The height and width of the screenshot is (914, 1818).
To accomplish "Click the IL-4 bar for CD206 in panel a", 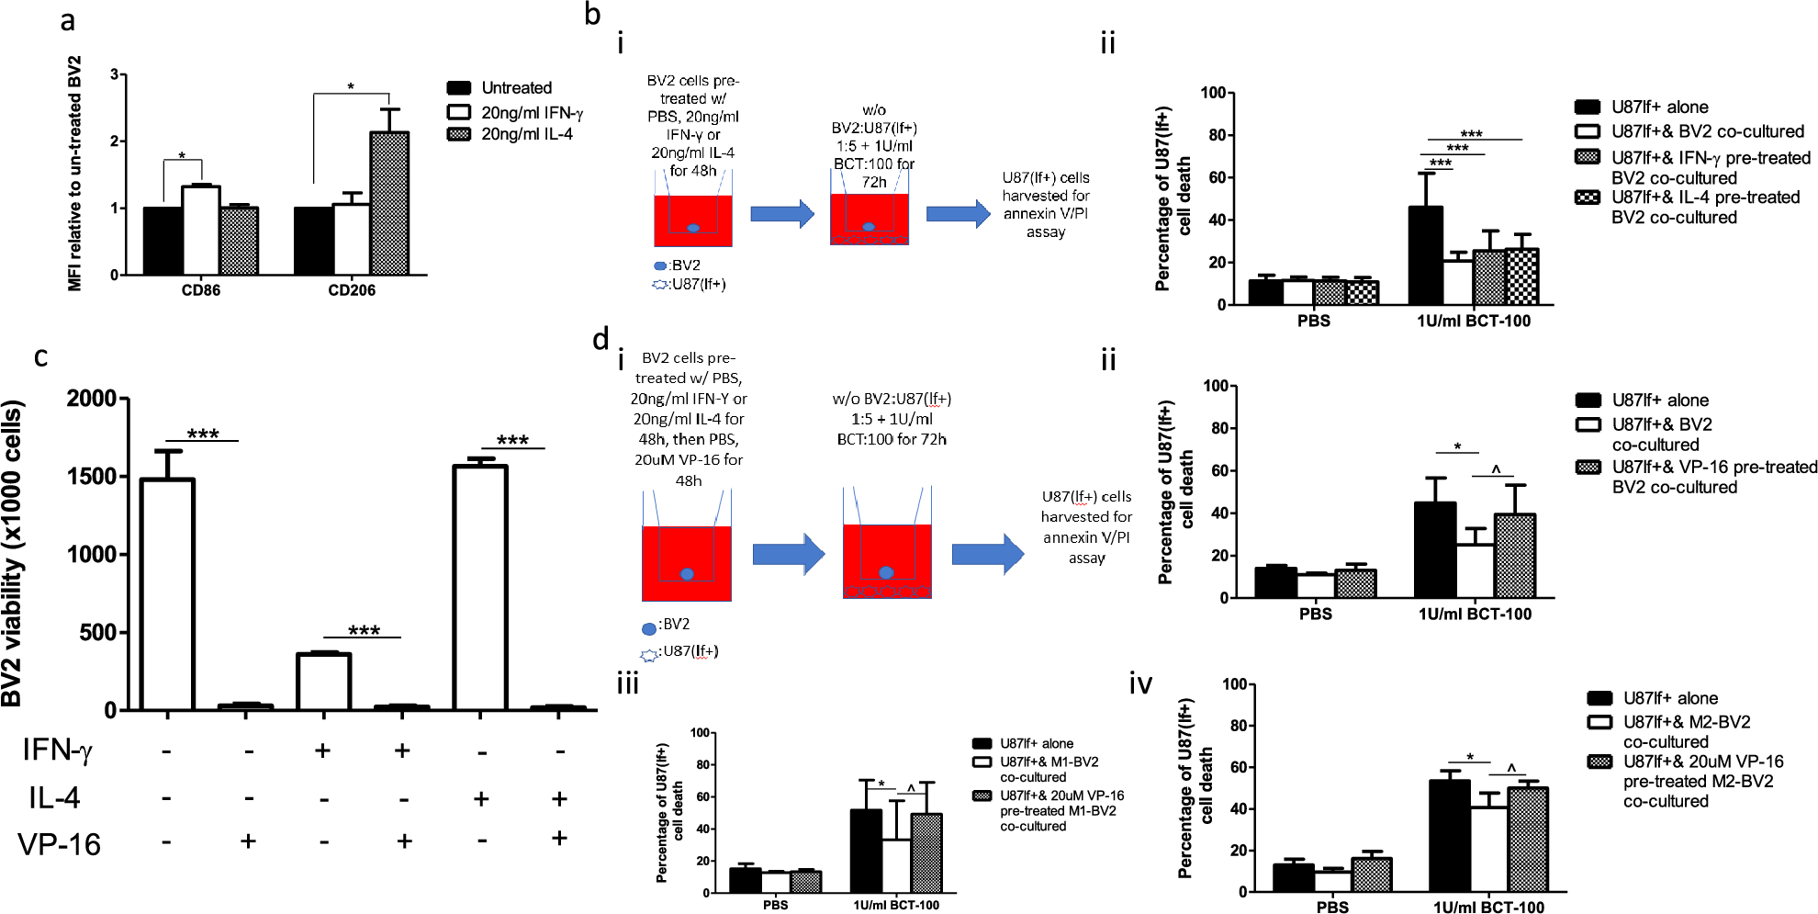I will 389,203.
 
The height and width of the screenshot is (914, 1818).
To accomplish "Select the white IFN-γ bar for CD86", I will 200,230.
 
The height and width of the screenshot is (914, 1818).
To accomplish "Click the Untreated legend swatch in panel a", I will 459,88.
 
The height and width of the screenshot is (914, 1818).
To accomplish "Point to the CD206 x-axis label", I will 352,290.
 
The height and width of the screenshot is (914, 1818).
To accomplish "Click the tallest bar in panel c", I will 480,588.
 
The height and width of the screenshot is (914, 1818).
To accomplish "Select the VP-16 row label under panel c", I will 59,843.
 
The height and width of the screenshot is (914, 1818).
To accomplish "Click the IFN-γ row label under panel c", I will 57,750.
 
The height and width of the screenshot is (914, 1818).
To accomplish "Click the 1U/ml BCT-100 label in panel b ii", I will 1473,321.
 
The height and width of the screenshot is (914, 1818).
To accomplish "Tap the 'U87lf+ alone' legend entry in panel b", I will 1660,107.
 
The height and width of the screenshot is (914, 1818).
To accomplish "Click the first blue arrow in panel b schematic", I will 781,214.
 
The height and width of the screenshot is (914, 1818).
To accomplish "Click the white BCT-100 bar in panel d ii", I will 1475,570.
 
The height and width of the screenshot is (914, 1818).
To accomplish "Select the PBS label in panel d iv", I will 1332,907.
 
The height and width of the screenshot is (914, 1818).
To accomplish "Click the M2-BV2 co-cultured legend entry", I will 1686,731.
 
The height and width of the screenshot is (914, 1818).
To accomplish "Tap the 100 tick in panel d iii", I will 700,733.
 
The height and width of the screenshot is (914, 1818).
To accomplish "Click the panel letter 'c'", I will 40,356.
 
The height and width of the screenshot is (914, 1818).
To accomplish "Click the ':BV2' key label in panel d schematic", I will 674,625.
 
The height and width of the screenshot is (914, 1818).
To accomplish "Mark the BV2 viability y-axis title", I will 13,554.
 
